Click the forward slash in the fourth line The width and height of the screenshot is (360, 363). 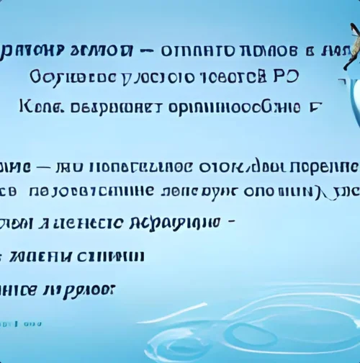click(x=250, y=166)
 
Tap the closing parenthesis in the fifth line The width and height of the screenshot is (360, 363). click(x=322, y=192)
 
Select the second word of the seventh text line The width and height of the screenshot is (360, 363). click(x=117, y=256)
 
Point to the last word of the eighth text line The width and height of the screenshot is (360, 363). click(x=83, y=288)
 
